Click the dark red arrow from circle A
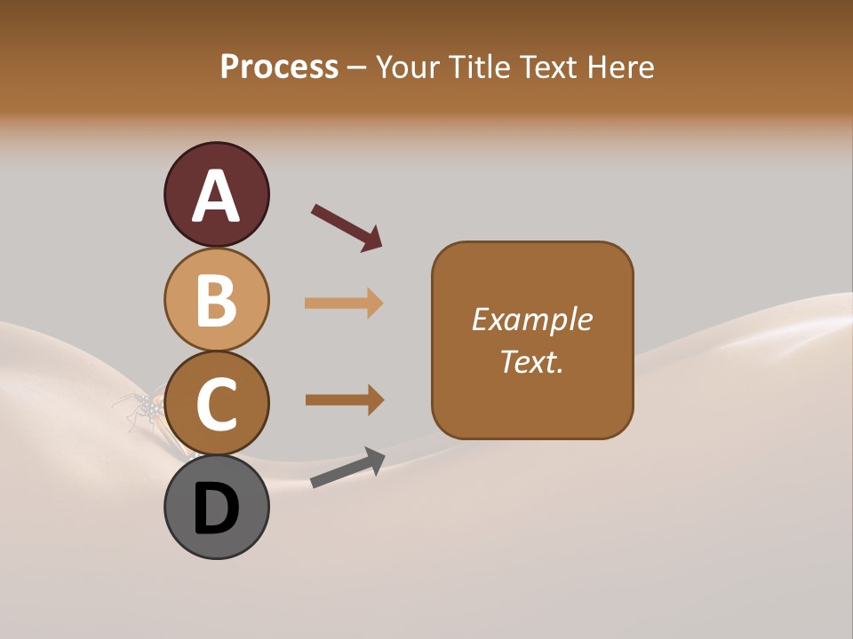coord(347,227)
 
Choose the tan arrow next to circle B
coord(344,304)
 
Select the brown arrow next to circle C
coord(344,400)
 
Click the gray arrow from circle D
coord(347,469)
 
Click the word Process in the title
coord(279,67)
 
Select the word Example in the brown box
coord(531,319)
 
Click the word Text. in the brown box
coord(531,361)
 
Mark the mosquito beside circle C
coord(140,410)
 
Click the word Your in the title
coord(406,67)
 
